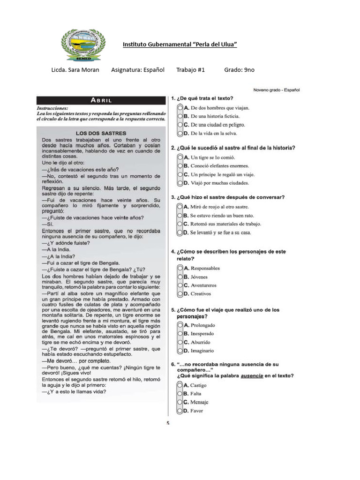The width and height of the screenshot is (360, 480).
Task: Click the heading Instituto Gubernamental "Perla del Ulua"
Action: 180,45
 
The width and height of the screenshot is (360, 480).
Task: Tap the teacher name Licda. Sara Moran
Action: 75,70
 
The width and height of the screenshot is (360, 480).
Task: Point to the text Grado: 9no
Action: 239,70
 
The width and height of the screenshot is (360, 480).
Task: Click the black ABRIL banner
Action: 101,100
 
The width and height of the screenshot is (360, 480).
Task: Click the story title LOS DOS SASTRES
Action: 101,133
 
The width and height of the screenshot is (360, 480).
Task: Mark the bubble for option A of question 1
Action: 180,108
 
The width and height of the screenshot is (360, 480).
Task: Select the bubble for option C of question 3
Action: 180,224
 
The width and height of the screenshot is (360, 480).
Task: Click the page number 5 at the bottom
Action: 168,423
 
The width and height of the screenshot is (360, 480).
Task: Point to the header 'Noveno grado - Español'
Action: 276,90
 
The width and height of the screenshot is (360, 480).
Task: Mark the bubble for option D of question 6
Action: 180,411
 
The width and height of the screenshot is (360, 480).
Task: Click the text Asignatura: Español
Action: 138,70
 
